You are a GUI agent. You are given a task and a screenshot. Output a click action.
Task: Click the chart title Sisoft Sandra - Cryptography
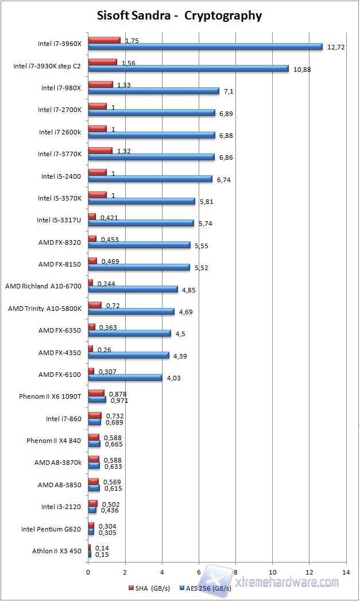point(179,16)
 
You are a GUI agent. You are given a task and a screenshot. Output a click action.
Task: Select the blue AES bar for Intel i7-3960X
point(205,47)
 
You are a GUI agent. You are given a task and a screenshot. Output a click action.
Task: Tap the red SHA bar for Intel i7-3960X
point(104,40)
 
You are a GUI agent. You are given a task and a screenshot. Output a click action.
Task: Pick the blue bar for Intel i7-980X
point(153,91)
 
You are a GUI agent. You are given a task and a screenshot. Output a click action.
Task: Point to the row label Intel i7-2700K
point(60,110)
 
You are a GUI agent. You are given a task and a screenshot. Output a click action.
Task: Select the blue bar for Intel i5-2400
point(150,179)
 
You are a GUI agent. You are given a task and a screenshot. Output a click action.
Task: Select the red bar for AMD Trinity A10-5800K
point(95,305)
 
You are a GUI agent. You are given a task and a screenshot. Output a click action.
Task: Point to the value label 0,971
point(118,400)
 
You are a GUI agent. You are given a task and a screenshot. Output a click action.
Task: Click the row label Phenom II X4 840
point(53,441)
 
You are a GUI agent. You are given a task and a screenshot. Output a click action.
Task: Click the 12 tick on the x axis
point(308,572)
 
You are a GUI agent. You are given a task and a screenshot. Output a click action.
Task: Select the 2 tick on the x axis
point(125,572)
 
